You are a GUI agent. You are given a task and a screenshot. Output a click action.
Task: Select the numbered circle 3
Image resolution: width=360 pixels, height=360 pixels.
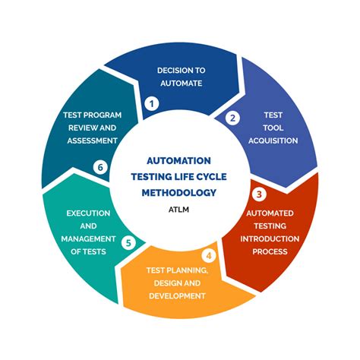[260, 194]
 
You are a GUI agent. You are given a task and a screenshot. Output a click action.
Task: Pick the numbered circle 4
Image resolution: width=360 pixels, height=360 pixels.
[210, 256]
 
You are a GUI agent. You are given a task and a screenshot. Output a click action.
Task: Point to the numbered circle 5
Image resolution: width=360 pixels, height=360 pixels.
[129, 244]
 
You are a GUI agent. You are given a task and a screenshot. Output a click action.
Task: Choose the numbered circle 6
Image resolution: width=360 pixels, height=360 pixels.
[99, 166]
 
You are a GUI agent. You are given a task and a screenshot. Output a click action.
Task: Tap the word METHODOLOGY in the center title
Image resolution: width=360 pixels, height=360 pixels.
[179, 191]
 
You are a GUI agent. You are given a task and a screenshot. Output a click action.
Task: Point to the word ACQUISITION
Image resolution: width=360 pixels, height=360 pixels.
[273, 141]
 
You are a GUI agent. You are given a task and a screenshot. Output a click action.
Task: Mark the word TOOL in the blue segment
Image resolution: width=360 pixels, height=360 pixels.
[273, 128]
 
